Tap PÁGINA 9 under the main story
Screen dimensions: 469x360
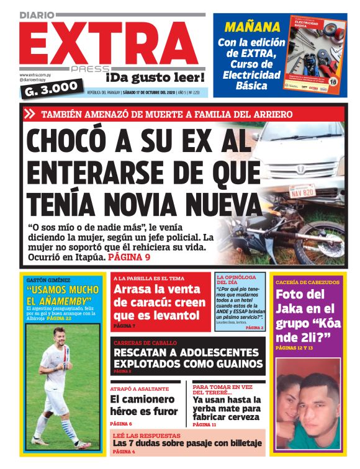pyautogui.click(x=129, y=256)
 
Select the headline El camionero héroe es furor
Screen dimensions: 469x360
pyautogui.click(x=143, y=406)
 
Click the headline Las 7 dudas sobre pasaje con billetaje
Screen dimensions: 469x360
pyautogui.click(x=187, y=444)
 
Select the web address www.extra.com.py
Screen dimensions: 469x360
pyautogui.click(x=36, y=74)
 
